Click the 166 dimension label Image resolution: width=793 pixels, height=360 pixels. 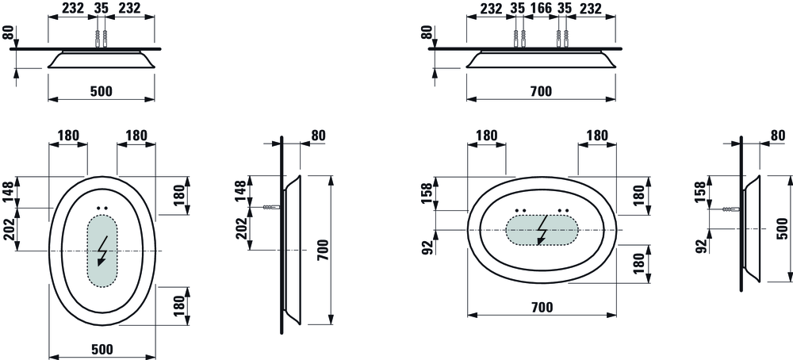pyautogui.click(x=541, y=8)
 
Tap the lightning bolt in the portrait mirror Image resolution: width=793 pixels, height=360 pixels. pyautogui.click(x=102, y=251)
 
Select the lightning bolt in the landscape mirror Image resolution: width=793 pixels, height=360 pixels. pyautogui.click(x=542, y=230)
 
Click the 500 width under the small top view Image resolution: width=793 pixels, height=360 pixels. pyautogui.click(x=102, y=91)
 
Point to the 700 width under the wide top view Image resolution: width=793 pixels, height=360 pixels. pyautogui.click(x=541, y=91)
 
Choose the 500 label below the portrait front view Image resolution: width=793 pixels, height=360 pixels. pyautogui.click(x=102, y=349)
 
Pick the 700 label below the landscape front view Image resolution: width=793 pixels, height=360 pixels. pyautogui.click(x=542, y=307)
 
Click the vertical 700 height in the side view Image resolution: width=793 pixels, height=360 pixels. pyautogui.click(x=324, y=250)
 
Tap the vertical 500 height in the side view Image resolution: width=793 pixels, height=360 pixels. pyautogui.click(x=782, y=228)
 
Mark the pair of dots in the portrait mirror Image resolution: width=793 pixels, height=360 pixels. pyautogui.click(x=102, y=208)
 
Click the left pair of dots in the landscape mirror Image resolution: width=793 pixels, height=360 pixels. pyautogui.click(x=521, y=209)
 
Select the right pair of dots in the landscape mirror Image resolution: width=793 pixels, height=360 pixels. pyautogui.click(x=563, y=209)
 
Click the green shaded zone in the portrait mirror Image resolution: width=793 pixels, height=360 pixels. pyautogui.click(x=102, y=251)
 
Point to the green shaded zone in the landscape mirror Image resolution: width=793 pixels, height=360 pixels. pyautogui.click(x=542, y=230)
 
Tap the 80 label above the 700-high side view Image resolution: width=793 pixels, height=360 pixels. pyautogui.click(x=319, y=136)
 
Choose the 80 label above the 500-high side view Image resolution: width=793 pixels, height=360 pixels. pyautogui.click(x=778, y=135)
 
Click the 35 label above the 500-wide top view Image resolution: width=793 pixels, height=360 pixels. pyautogui.click(x=102, y=8)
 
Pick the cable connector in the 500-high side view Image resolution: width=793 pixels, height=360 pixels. pyautogui.click(x=731, y=209)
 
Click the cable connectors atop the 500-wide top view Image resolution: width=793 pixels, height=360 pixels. pyautogui.click(x=102, y=39)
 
